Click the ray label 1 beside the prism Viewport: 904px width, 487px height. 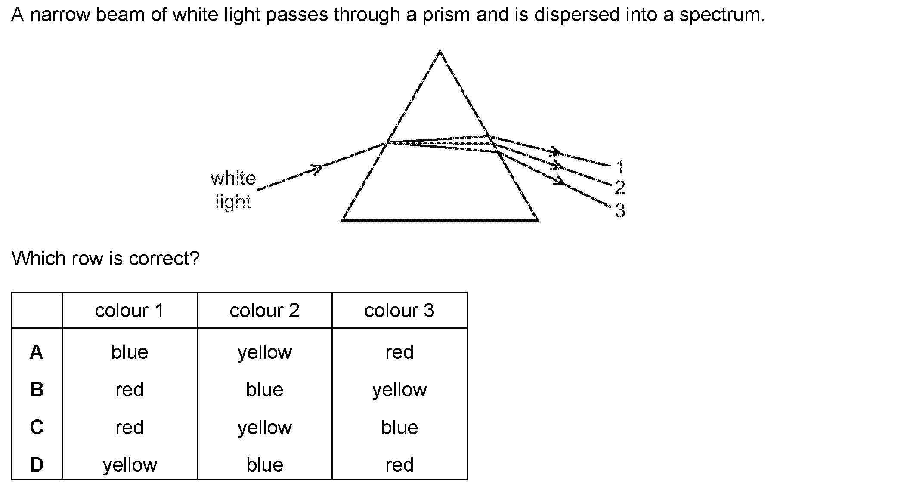tap(620, 166)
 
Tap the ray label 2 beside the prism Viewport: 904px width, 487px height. tap(620, 187)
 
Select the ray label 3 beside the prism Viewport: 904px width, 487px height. tap(620, 210)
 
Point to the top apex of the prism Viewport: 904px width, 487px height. tap(440, 51)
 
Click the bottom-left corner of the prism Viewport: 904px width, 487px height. tap(342, 220)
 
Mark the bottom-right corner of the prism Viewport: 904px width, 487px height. tap(538, 220)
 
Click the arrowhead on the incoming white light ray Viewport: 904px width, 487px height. tap(318, 168)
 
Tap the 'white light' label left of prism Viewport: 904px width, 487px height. tap(233, 190)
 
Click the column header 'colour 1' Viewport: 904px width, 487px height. tap(130, 311)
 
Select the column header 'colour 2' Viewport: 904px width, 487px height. tap(264, 311)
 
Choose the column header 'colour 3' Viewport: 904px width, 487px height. tap(399, 311)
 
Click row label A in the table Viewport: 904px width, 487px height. tap(37, 352)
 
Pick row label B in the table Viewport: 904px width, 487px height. tap(37, 390)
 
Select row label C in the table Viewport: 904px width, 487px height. tap(37, 427)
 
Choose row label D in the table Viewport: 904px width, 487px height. tap(37, 465)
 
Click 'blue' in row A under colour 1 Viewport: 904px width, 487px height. tap(130, 352)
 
